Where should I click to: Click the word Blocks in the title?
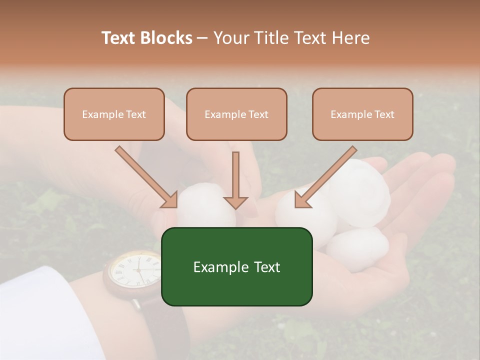tap(166, 38)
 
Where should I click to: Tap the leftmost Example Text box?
tap(114, 114)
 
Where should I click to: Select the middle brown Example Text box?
tap(236, 114)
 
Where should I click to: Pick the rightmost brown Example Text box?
tap(362, 114)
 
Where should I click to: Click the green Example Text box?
tap(236, 266)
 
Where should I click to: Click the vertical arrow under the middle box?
tap(236, 180)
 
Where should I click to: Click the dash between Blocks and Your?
tap(202, 38)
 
